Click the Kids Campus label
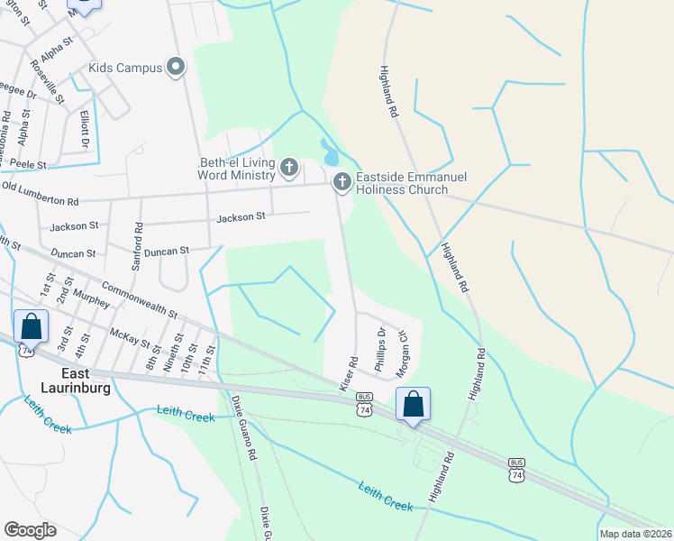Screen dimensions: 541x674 pos(124,68)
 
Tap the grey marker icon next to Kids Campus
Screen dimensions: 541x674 pos(176,67)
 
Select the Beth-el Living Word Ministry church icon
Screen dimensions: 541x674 pos(289,167)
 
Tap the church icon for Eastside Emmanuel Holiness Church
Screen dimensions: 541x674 pos(342,182)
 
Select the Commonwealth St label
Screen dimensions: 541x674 pos(139,299)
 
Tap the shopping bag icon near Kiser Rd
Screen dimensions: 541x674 pos(413,406)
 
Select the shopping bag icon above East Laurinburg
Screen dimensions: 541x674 pos(32,326)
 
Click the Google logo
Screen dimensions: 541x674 pos(30,529)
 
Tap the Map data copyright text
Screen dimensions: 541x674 pos(636,534)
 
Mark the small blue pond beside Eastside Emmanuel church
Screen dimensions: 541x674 pos(330,150)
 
